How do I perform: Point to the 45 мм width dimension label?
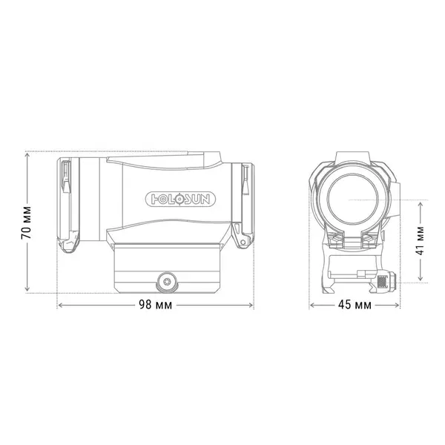354,306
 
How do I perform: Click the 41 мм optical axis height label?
420,240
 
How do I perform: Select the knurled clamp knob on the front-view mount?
383,282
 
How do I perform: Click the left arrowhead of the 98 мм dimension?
59,306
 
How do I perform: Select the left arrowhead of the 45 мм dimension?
311,306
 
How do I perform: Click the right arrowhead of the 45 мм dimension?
398,306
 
